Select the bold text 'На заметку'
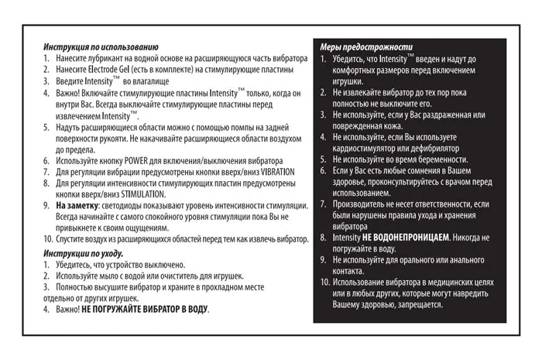pyautogui.click(x=76, y=206)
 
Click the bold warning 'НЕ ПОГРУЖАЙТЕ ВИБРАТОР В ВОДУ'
pyautogui.click(x=145, y=309)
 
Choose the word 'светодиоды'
pyautogui.click(x=126, y=206)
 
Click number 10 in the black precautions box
pyautogui.click(x=325, y=283)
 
